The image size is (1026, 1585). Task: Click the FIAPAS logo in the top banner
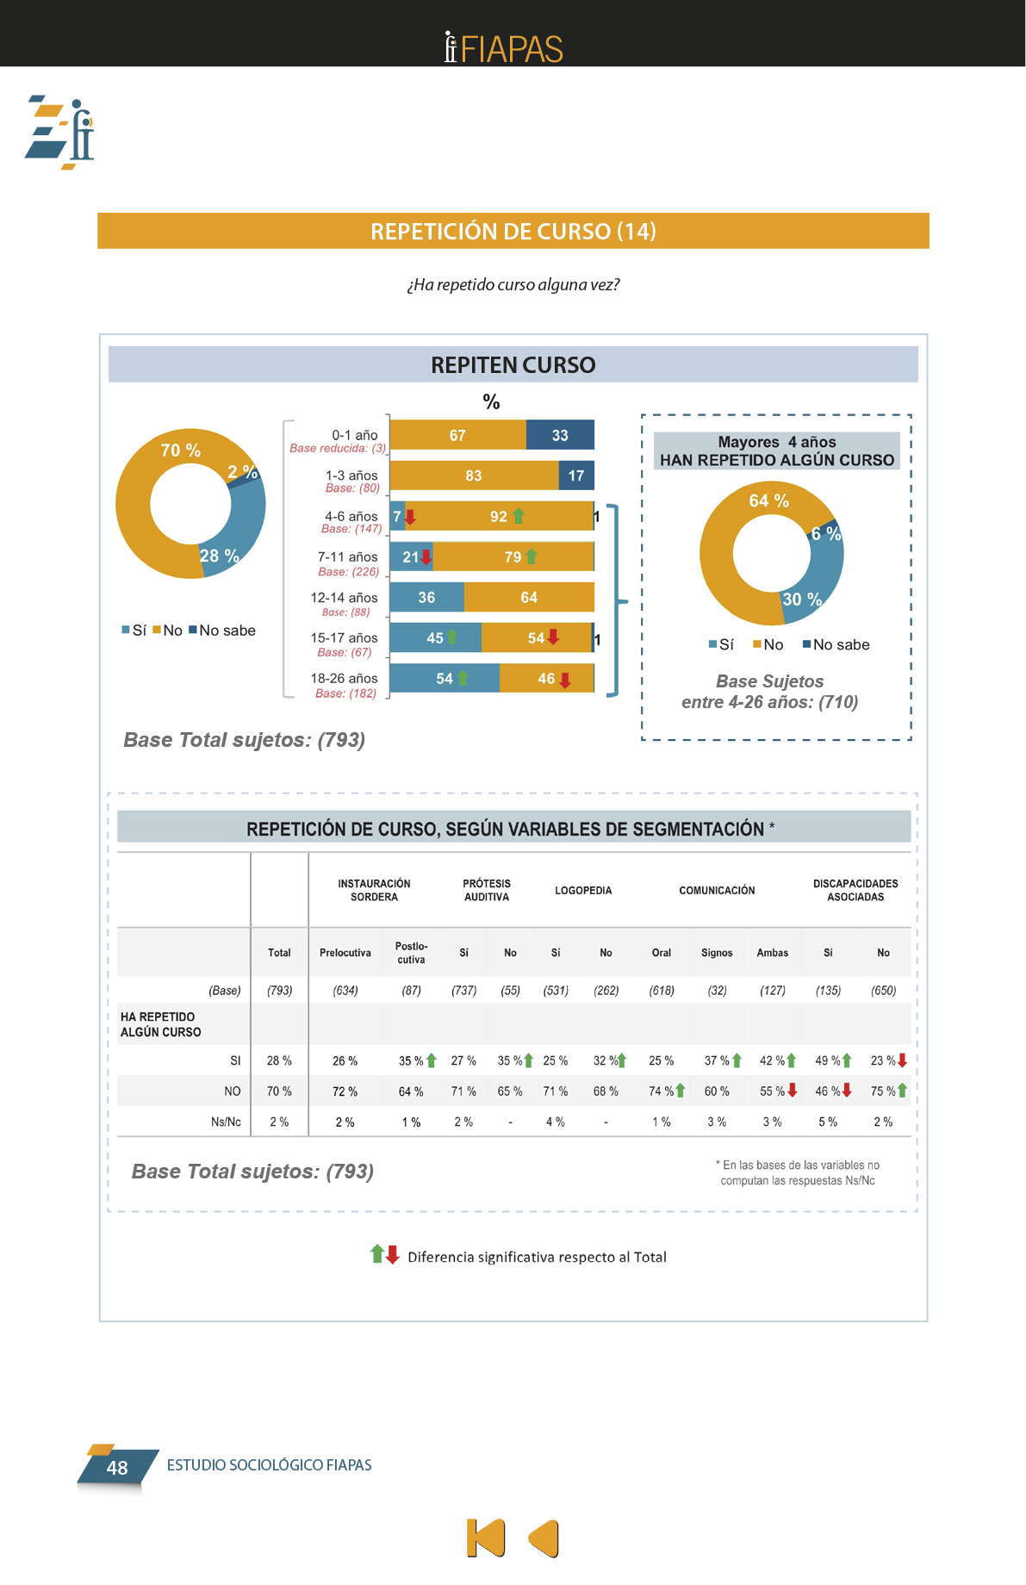(504, 48)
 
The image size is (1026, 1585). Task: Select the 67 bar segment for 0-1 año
(457, 435)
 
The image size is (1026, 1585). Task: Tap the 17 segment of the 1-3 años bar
(576, 475)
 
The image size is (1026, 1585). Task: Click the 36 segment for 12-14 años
(426, 597)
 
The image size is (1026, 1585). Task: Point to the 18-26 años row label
(345, 679)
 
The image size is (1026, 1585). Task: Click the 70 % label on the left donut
(181, 451)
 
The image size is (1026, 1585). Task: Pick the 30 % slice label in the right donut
(801, 599)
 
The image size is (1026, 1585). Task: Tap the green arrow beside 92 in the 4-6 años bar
(519, 516)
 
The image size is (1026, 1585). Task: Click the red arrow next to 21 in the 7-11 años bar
(426, 557)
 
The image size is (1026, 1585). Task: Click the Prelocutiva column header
(345, 953)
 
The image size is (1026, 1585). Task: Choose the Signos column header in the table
(717, 953)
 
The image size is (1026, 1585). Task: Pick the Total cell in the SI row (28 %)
(279, 1060)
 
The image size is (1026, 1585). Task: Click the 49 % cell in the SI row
(828, 1060)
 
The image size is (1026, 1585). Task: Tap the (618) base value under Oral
(662, 991)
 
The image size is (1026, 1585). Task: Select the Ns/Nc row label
(226, 1122)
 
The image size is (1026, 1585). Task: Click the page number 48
(117, 1468)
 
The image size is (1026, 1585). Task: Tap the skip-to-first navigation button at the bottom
(486, 1538)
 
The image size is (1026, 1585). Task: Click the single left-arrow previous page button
(544, 1538)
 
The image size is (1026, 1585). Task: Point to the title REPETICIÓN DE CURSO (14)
(513, 231)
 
